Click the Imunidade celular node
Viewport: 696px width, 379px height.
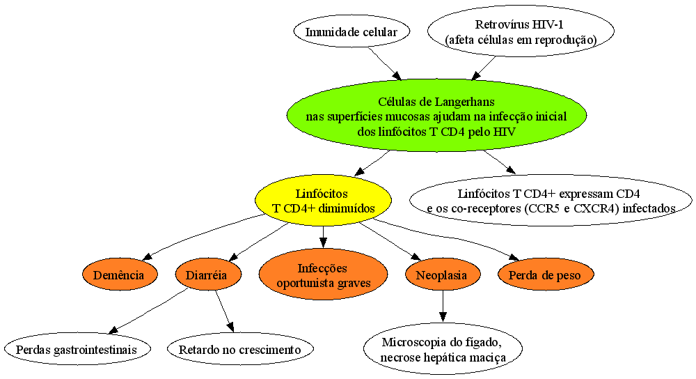point(351,31)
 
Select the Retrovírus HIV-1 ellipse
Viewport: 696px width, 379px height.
point(521,31)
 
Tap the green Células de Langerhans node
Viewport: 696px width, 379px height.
point(436,116)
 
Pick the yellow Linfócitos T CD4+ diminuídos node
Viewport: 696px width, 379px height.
point(323,201)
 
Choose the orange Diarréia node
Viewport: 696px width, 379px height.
point(208,275)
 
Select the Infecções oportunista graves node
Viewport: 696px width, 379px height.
point(323,275)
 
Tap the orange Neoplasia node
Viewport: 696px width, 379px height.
point(442,275)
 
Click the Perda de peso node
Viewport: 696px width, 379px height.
point(545,275)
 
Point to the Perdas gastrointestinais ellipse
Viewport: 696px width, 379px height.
point(77,349)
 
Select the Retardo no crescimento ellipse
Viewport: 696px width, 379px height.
point(240,349)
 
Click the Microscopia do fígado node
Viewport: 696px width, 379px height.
point(443,349)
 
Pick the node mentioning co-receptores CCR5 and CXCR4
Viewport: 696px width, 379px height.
point(551,201)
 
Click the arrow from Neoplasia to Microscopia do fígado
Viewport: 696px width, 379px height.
point(443,306)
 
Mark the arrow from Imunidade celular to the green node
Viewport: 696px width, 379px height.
point(384,63)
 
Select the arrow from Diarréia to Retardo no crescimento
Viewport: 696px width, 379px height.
point(225,311)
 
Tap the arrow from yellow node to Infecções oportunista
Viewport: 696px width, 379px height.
point(323,237)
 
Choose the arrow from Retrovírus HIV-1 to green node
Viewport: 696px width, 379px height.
point(484,68)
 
